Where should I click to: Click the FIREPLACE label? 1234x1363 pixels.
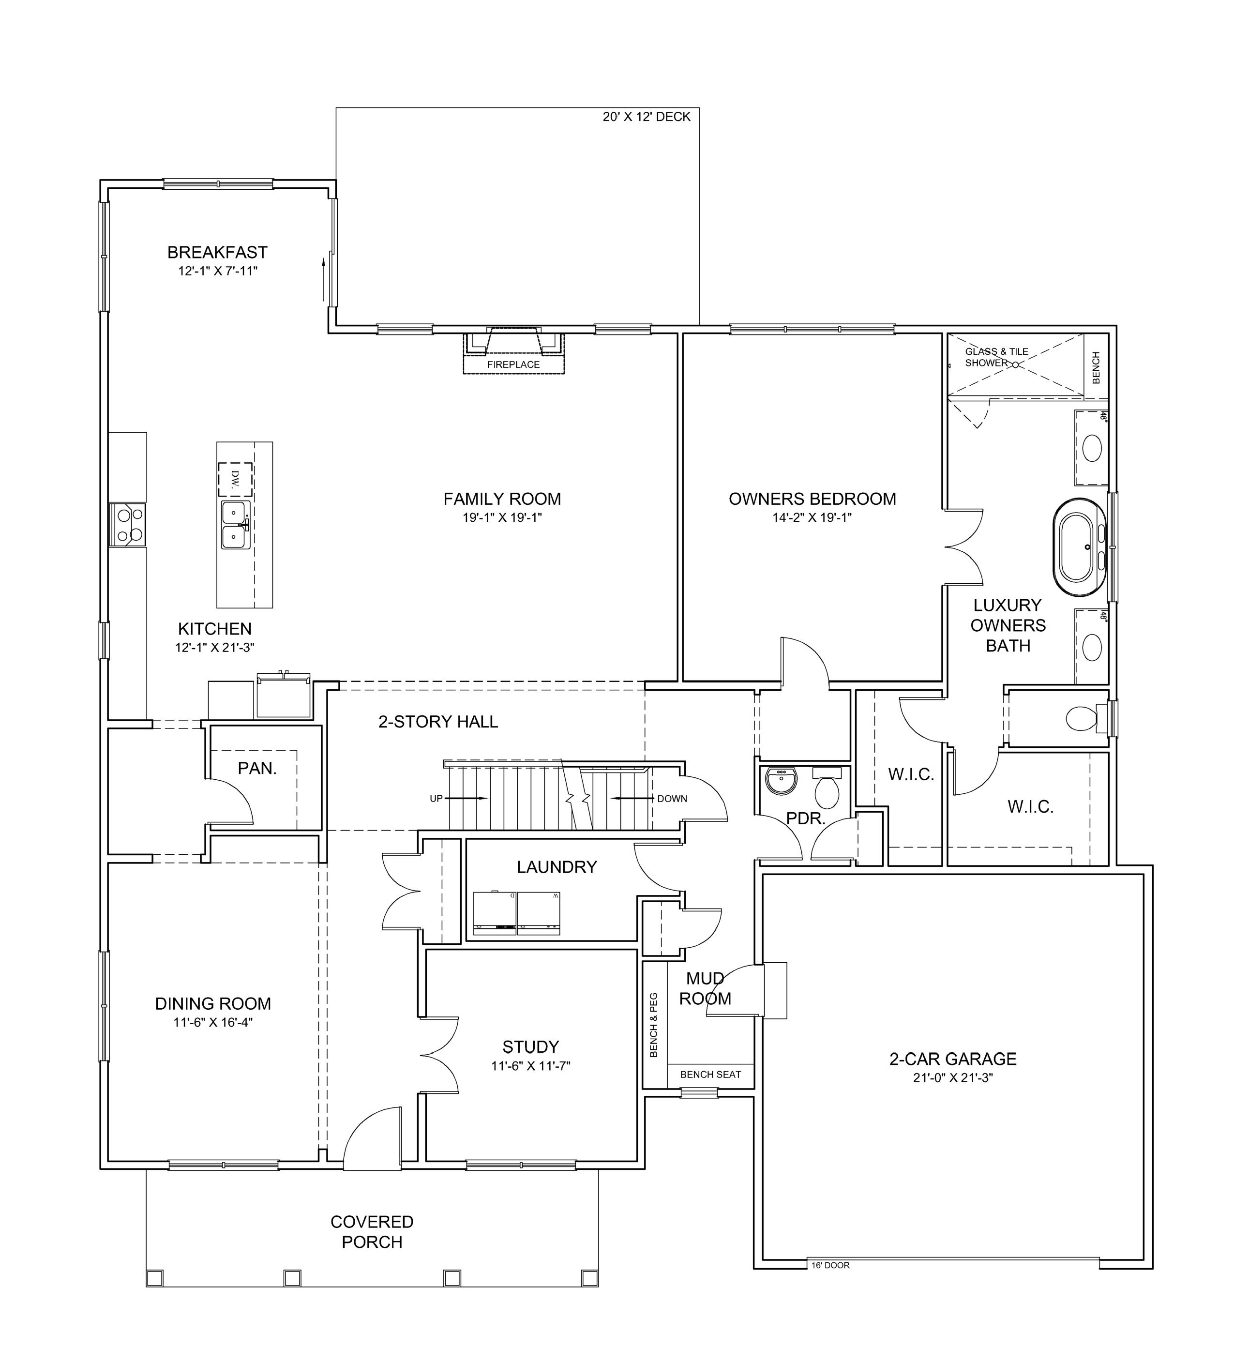(513, 364)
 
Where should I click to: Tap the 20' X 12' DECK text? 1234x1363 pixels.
(647, 117)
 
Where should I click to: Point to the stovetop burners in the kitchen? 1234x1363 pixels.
(128, 525)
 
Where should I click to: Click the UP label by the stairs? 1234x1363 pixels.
(436, 799)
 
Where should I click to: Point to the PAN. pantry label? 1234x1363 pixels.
(257, 768)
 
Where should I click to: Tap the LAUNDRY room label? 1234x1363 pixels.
(557, 867)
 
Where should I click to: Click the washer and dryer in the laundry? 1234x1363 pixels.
(517, 913)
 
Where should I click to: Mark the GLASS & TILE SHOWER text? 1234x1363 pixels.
(996, 357)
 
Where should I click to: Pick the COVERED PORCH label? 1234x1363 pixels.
(372, 1232)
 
